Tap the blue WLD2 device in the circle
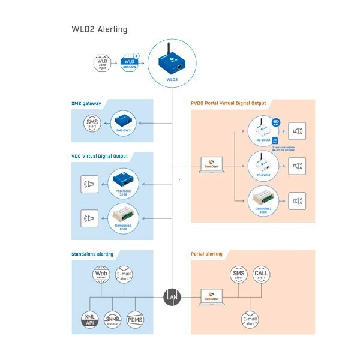click(172, 61)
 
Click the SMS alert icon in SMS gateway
click(92, 124)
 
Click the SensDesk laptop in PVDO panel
click(212, 166)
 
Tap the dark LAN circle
click(172, 296)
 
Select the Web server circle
click(100, 275)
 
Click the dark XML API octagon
click(91, 319)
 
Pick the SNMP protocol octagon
click(112, 319)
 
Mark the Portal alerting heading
click(206, 254)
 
